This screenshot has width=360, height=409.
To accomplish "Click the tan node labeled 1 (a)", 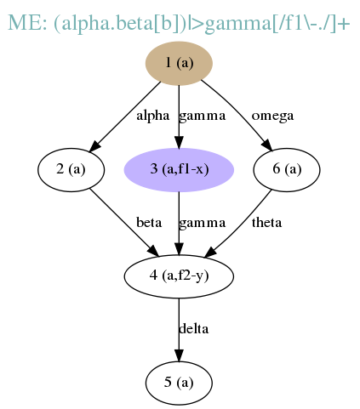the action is point(179,63).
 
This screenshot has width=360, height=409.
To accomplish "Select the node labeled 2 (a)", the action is point(71,169).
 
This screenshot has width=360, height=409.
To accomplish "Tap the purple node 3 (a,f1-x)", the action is point(179,169).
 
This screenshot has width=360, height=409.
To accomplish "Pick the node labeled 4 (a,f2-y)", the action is point(179,276).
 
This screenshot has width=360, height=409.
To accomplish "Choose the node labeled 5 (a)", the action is point(179,383).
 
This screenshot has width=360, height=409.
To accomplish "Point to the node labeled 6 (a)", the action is point(287,169).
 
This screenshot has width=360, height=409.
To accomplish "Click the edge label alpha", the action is point(153,116).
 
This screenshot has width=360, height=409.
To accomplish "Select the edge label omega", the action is point(272,116).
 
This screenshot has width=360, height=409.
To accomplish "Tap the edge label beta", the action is point(149,223).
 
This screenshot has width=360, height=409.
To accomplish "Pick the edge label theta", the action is point(266,223).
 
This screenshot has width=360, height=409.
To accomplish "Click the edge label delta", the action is point(194,329).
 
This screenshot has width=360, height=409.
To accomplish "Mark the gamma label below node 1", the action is point(203,116).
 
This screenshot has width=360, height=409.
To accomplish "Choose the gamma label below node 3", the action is point(203,223).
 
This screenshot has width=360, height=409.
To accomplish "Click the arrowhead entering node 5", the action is point(179,355).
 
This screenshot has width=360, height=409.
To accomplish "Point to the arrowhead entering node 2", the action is point(94,147).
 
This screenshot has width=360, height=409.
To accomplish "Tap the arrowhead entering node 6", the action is point(267,145).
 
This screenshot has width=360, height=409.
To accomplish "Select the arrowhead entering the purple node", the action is point(179,142).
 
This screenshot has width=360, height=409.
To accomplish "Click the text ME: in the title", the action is point(27,23).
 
